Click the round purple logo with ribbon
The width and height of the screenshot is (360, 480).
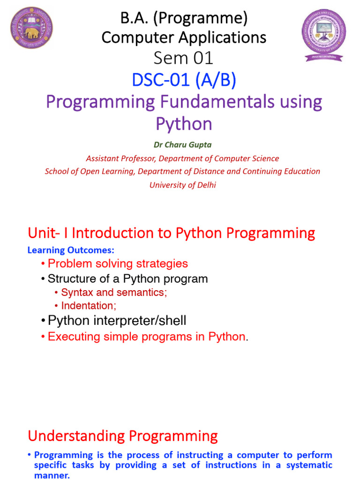tap(324, 34)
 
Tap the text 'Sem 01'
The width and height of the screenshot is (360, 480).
tap(183, 58)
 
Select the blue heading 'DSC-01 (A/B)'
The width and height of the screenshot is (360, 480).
tap(184, 81)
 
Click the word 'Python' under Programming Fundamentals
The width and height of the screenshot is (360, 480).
tap(184, 124)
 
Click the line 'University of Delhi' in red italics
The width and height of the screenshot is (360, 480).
tap(183, 185)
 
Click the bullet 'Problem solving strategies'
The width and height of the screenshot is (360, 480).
tap(117, 263)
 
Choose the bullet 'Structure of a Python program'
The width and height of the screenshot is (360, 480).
tap(127, 279)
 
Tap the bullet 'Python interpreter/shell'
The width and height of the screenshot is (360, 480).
tap(117, 321)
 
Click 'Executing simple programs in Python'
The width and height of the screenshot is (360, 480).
tap(146, 337)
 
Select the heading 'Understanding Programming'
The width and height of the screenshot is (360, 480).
tap(123, 436)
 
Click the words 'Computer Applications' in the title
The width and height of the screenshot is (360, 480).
tap(184, 37)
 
